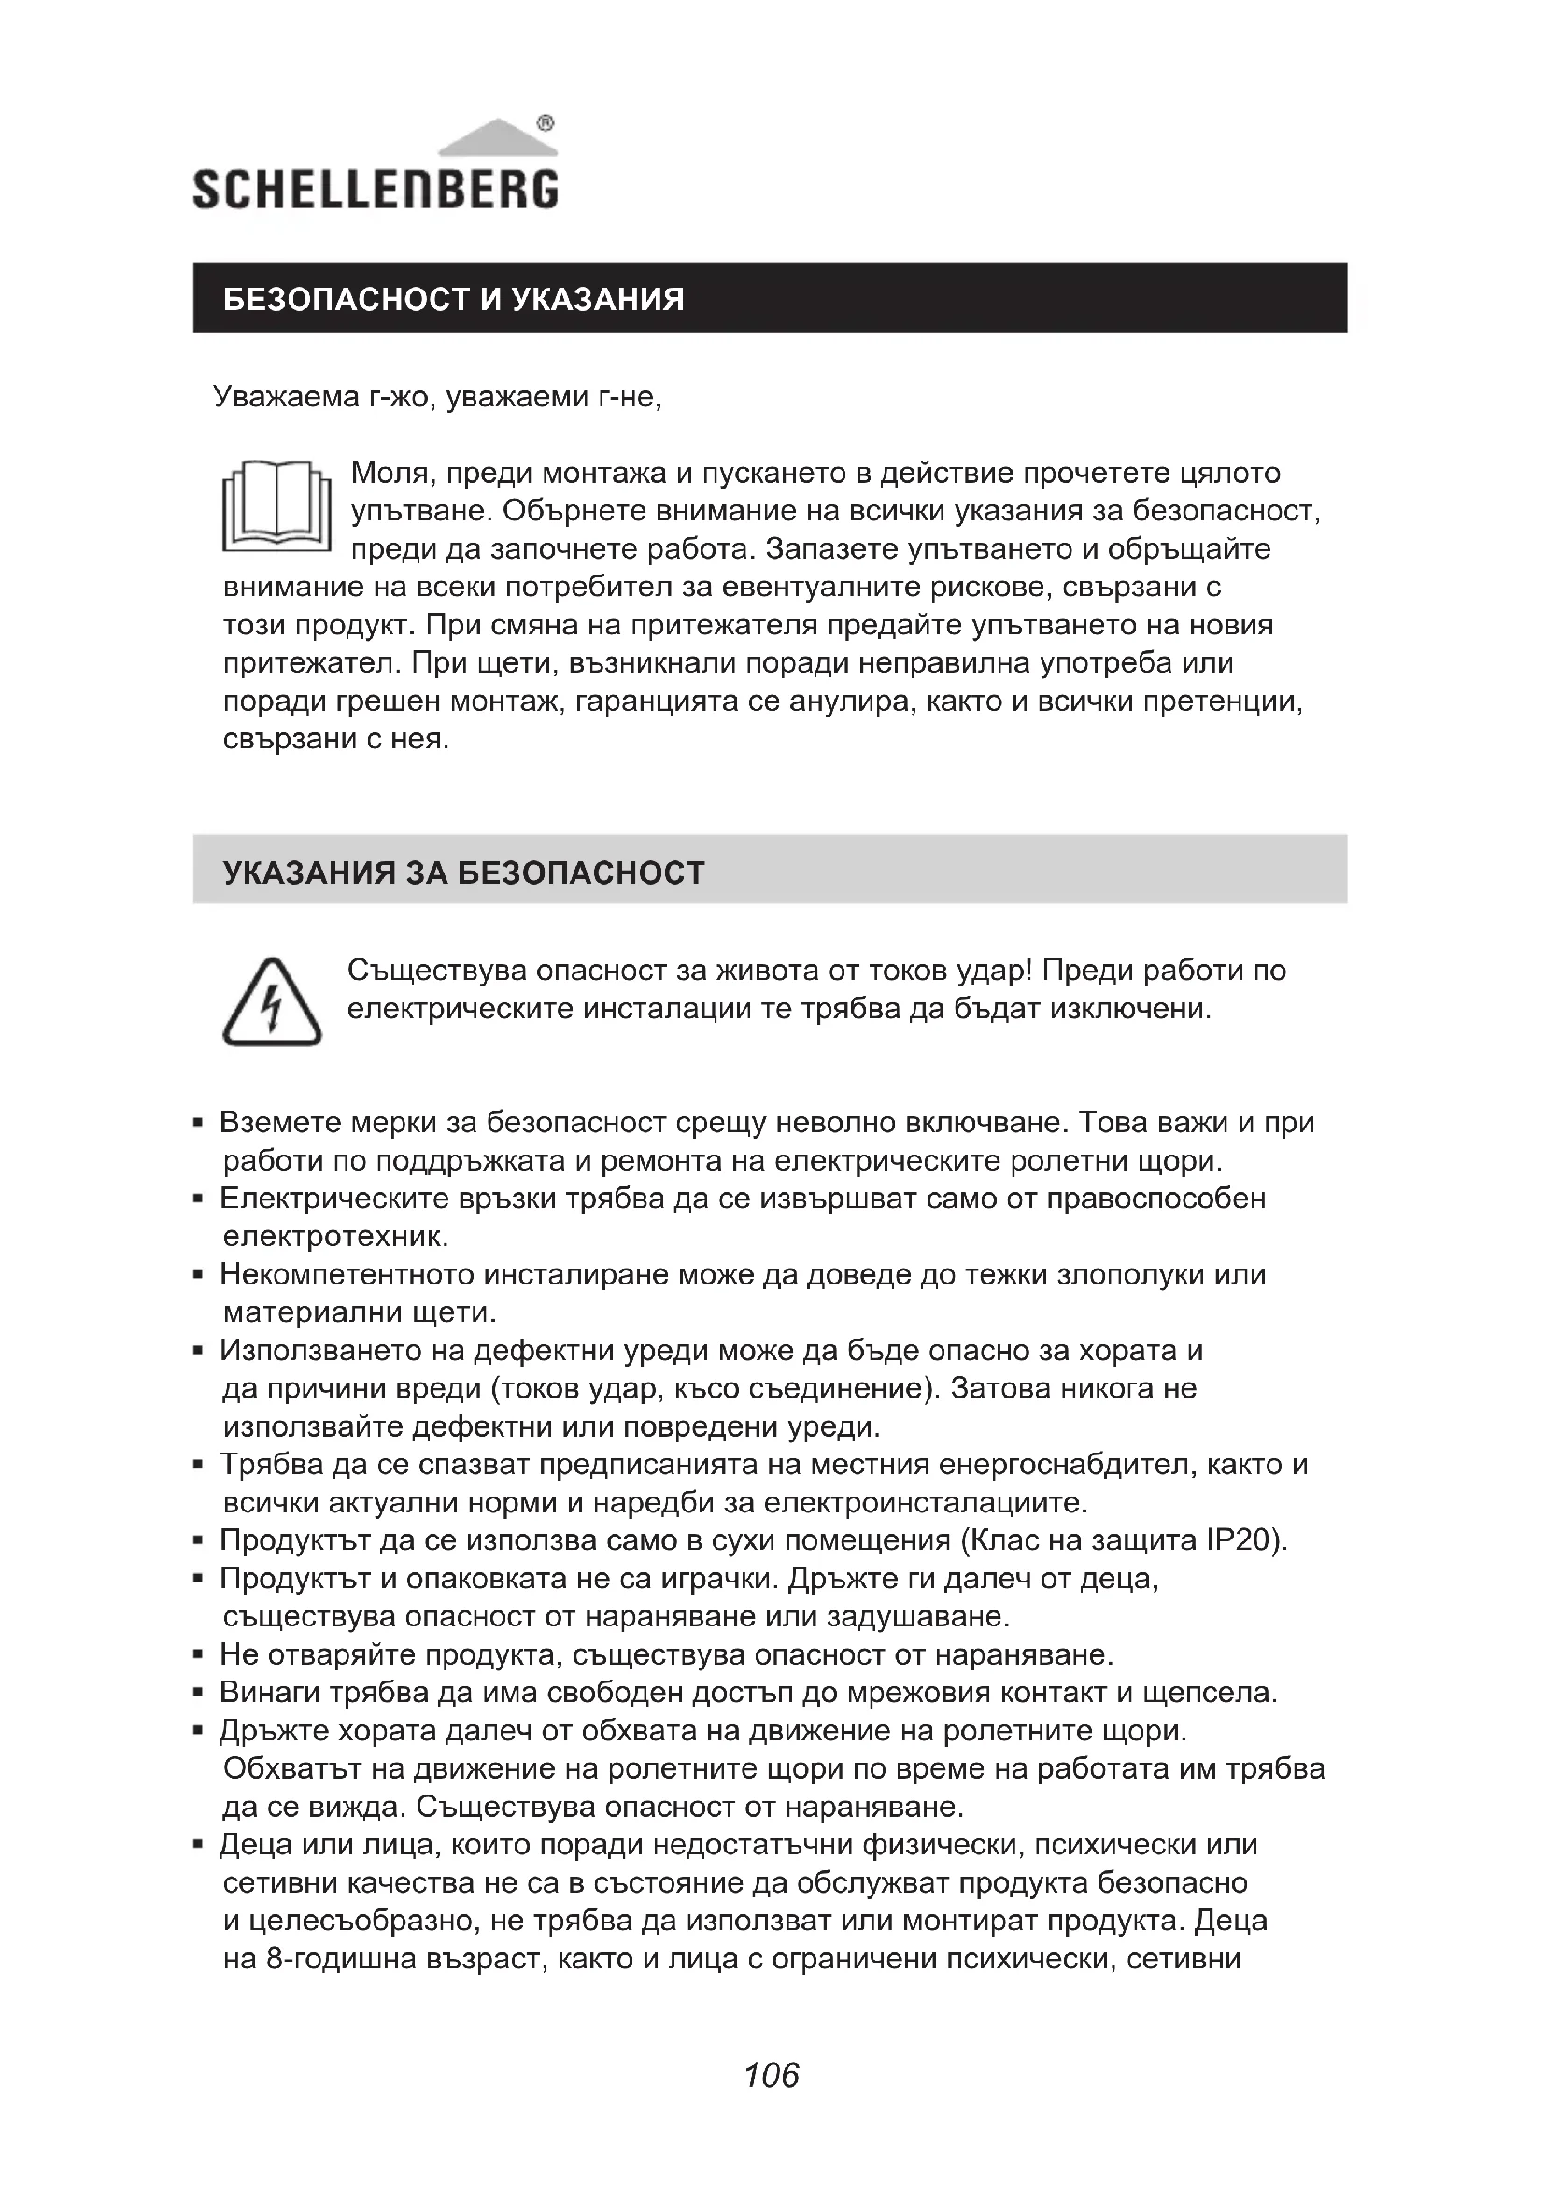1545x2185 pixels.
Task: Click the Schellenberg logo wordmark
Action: (375, 190)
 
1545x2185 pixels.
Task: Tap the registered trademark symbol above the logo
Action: (546, 122)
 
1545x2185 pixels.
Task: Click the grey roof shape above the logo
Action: (497, 138)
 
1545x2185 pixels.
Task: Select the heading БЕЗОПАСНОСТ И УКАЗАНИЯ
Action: (454, 300)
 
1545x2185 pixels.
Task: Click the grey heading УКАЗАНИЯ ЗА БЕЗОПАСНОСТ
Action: (463, 873)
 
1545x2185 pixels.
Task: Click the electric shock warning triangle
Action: (272, 1004)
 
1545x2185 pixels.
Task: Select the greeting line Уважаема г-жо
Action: (437, 396)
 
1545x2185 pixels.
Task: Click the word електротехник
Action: (335, 1236)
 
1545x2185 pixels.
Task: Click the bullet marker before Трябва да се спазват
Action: (198, 1466)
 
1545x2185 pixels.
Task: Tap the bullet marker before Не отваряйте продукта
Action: (198, 1656)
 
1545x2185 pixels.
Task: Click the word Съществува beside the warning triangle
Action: (433, 971)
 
